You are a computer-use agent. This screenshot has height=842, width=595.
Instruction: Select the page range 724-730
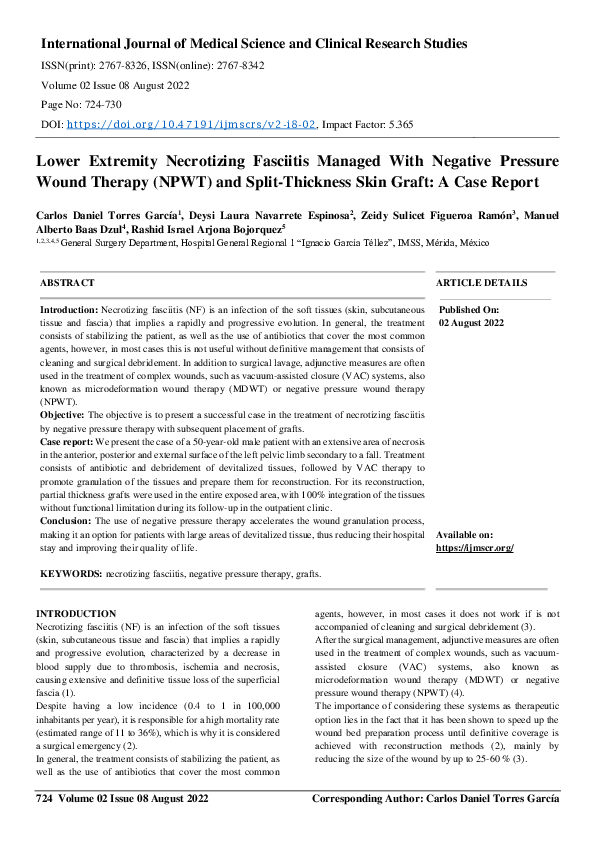pos(107,104)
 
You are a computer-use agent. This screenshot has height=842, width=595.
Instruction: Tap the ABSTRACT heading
pos(67,283)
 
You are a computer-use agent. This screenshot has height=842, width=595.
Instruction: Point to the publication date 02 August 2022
pos(471,323)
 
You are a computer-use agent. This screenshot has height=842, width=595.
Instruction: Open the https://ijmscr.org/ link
pos(474,548)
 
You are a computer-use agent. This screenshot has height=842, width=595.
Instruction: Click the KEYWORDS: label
pos(70,575)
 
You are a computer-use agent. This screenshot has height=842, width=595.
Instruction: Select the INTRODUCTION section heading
pos(76,613)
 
